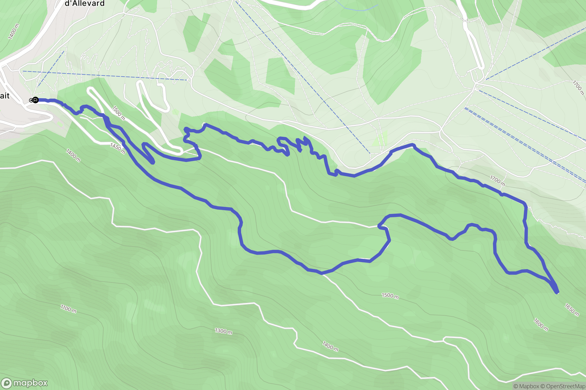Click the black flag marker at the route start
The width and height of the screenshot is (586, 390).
tap(35, 100)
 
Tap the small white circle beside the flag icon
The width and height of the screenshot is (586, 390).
tap(31, 100)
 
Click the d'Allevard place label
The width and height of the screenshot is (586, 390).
tap(85, 3)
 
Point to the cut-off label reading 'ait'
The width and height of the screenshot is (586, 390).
tap(5, 96)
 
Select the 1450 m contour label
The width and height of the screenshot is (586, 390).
tap(117, 148)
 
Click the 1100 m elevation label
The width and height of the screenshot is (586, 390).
tap(68, 309)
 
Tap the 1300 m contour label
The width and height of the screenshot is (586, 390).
tap(223, 331)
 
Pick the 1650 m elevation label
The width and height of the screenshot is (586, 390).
tap(572, 310)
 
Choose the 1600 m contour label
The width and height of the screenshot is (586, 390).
tap(541, 325)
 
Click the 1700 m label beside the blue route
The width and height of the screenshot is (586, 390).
tap(498, 181)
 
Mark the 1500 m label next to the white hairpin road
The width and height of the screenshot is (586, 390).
tap(119, 113)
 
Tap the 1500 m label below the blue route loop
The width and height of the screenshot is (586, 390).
tap(390, 296)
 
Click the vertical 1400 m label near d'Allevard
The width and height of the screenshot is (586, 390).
tap(13, 31)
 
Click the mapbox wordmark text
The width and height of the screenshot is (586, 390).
tap(30, 383)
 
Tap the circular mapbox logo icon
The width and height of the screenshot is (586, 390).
tap(6, 383)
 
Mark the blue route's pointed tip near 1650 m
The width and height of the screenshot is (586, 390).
tap(557, 292)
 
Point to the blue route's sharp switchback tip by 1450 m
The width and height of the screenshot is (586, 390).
tap(153, 162)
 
